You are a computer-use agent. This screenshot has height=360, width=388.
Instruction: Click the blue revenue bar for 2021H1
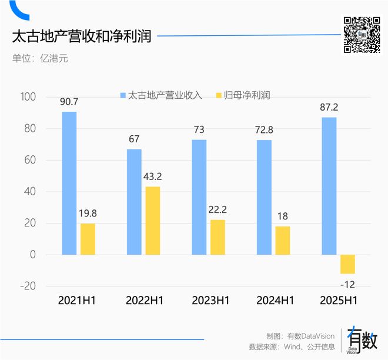click(69, 183)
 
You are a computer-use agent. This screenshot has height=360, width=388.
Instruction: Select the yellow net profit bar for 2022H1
click(152, 221)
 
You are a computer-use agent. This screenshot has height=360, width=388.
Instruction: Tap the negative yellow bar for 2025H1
click(347, 264)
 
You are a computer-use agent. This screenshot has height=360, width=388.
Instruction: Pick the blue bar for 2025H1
click(329, 186)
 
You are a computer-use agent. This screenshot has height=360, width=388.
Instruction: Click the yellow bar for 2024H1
click(283, 241)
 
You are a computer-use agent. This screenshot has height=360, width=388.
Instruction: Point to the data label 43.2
click(152, 176)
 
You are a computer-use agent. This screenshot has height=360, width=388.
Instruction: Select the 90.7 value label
click(69, 101)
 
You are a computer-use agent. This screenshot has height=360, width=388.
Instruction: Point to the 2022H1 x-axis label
click(145, 300)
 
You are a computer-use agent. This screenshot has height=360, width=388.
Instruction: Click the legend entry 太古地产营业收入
click(161, 95)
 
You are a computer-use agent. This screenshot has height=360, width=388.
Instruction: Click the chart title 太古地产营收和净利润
click(82, 36)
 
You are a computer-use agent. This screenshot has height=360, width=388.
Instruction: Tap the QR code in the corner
click(361, 35)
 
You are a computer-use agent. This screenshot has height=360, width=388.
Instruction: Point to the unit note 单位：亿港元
click(44, 59)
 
